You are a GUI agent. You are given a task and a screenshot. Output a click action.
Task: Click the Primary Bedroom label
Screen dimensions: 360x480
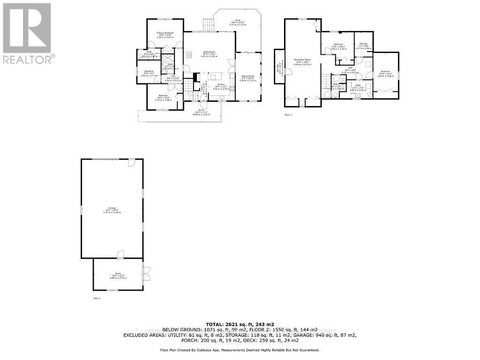tap(165, 34)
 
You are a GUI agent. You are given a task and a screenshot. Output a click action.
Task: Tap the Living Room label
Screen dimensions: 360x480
tap(209, 52)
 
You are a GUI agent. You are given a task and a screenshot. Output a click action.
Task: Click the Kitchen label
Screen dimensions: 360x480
tap(220, 87)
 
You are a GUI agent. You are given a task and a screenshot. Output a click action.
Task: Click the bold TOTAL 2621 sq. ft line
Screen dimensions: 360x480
tap(240, 324)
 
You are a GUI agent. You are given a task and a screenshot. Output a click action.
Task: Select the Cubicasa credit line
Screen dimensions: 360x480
tap(240, 350)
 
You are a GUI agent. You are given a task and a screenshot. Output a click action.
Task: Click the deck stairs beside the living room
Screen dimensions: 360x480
tap(208, 24)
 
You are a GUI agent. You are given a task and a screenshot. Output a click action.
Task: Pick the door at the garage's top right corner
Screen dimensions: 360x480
tap(132, 163)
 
